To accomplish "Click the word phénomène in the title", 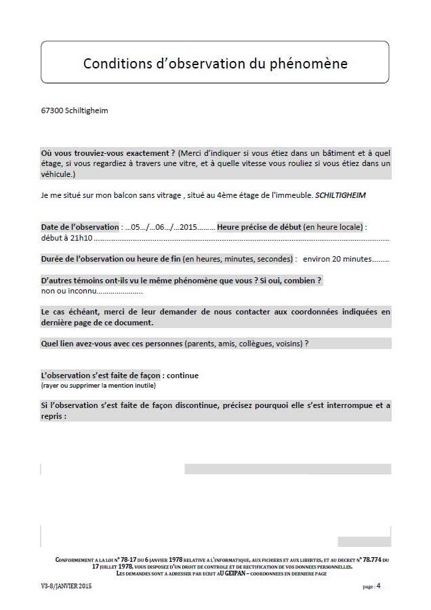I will click(x=315, y=64).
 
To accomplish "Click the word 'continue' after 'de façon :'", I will click(x=182, y=375).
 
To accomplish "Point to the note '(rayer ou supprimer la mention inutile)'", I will click(x=98, y=385).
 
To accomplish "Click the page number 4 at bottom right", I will click(x=379, y=586).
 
